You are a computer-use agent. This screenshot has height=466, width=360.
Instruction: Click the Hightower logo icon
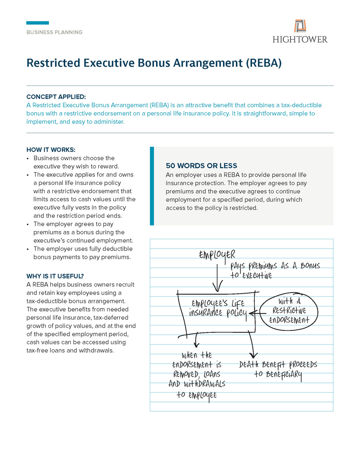point(300,26)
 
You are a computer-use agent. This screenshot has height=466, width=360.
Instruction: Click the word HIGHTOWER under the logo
point(300,39)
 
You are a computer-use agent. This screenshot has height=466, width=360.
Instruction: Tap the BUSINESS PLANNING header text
point(54,32)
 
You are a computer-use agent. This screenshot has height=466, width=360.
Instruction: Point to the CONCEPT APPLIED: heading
point(56,97)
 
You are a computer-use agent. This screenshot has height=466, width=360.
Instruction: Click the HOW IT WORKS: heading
point(51,150)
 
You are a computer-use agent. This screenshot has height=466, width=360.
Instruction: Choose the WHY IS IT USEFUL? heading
point(55,276)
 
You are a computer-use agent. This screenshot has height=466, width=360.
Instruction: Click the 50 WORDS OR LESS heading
point(202,166)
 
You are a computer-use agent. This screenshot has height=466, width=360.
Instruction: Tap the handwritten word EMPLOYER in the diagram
point(217,255)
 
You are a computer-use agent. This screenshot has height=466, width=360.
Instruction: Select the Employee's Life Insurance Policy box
point(216,311)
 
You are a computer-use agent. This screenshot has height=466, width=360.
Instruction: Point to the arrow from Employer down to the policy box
point(217,278)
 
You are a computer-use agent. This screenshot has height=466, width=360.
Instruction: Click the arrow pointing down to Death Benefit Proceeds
point(253,344)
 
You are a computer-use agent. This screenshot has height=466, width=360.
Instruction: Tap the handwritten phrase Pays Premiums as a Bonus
point(275,266)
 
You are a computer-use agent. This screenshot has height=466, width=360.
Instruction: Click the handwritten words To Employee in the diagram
point(197,395)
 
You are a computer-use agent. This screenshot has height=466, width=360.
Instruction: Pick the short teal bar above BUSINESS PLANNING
point(38,23)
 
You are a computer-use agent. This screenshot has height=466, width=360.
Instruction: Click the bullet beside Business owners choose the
point(28,158)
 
